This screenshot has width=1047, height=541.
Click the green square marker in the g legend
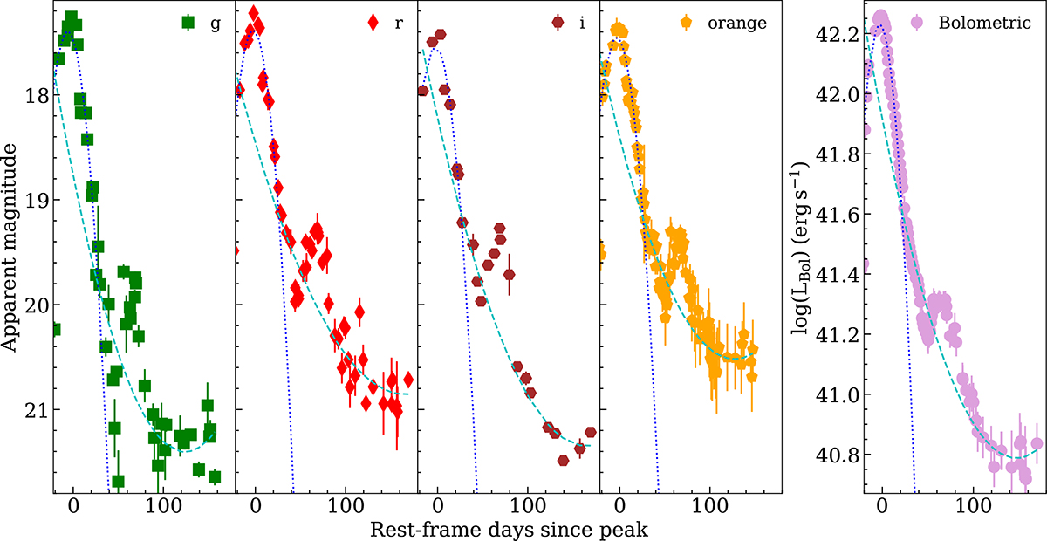(x=188, y=23)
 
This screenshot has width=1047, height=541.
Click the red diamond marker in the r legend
(x=373, y=23)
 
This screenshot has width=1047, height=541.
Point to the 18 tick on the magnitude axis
(x=34, y=95)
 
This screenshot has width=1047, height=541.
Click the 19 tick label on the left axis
(x=34, y=200)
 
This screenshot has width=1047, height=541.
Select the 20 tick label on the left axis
(x=34, y=305)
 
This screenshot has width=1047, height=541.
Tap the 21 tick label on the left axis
(x=34, y=409)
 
